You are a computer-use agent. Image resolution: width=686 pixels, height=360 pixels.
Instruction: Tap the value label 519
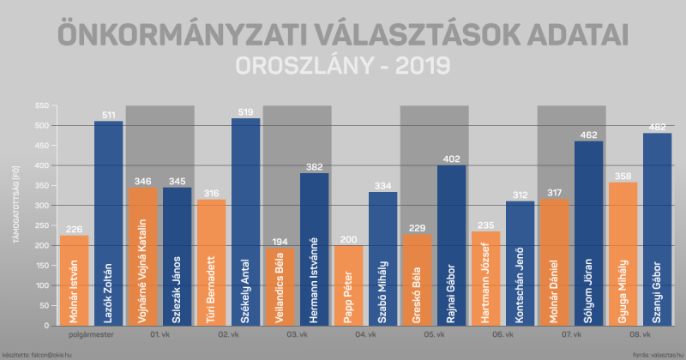246,111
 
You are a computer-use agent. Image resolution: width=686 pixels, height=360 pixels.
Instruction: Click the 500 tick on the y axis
40,125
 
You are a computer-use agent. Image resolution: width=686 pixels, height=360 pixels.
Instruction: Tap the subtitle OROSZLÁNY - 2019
343,67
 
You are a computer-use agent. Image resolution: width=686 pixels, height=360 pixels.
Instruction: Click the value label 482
657,127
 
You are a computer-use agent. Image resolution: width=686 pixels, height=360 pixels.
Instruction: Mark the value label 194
280,242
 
